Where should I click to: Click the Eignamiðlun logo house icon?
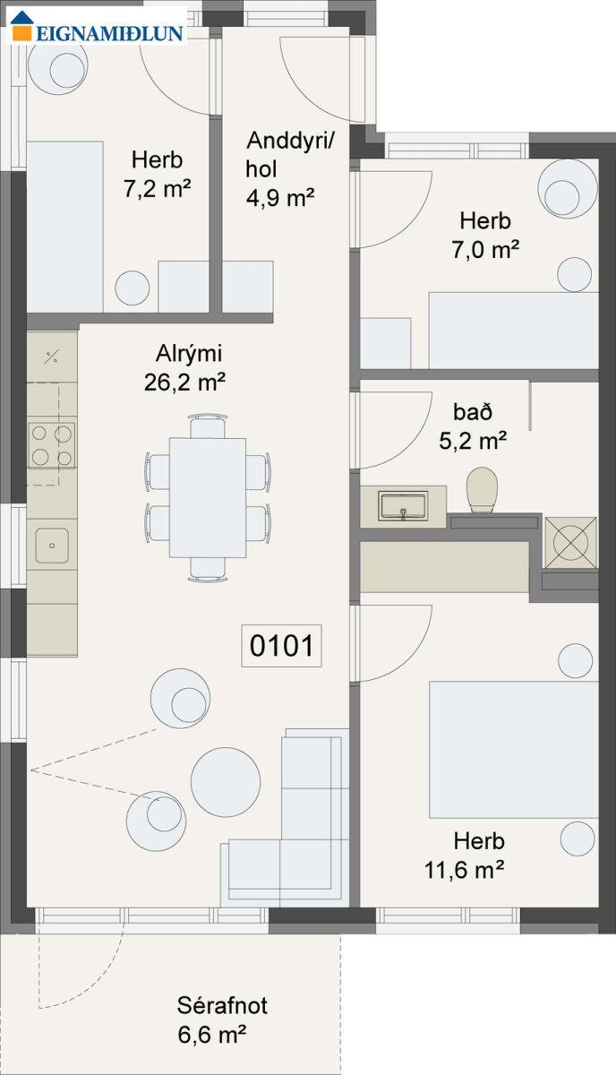pyautogui.click(x=22, y=25)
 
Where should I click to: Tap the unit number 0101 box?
pyautogui.click(x=281, y=646)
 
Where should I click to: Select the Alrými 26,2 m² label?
pyautogui.click(x=185, y=368)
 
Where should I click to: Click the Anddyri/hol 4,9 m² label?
pyautogui.click(x=287, y=169)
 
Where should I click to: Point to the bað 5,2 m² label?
pyautogui.click(x=473, y=426)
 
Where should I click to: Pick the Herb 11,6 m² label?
pyautogui.click(x=465, y=856)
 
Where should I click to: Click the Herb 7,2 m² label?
pyautogui.click(x=158, y=174)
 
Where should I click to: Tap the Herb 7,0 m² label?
pyautogui.click(x=485, y=235)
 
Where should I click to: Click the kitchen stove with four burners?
pyautogui.click(x=52, y=445)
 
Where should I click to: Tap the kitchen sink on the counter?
pyautogui.click(x=52, y=546)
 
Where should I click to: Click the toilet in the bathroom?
pyautogui.click(x=482, y=490)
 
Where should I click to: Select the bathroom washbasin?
pyautogui.click(x=403, y=506)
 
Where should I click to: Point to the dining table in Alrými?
pyautogui.click(x=208, y=498)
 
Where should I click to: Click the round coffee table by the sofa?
pyautogui.click(x=226, y=782)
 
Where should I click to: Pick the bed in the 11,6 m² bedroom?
pyautogui.click(x=514, y=750)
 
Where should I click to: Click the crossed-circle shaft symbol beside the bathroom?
pyautogui.click(x=570, y=542)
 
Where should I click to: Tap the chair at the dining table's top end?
pyautogui.click(x=208, y=426)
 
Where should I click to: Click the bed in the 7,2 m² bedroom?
pyautogui.click(x=64, y=227)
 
